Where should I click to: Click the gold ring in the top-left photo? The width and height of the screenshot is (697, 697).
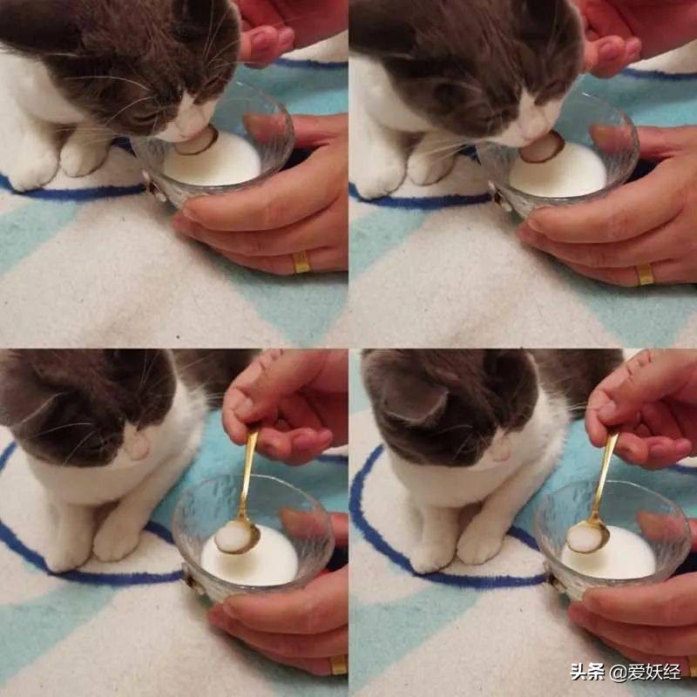tap(301, 262)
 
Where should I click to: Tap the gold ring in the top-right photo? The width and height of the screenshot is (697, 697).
tap(645, 274)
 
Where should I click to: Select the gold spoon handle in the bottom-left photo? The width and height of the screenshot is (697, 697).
tap(248, 473)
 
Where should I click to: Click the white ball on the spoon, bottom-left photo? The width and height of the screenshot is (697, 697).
tap(233, 537)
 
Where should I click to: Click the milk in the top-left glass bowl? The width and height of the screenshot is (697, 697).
tap(213, 161)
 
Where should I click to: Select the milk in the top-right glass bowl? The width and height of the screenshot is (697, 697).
tap(560, 171)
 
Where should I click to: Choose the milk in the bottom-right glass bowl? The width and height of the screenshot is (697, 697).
tap(610, 553)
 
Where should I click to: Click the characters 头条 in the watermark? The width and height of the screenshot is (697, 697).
tap(587, 672)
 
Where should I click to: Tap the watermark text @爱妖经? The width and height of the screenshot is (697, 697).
tap(645, 672)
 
